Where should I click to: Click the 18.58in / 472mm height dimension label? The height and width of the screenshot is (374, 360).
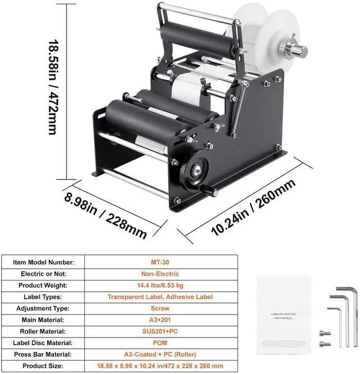pyautogui.click(x=53, y=87)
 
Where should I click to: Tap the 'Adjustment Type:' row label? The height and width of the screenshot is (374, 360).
pyautogui.click(x=43, y=308)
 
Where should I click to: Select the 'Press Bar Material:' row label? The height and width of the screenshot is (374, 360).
pyautogui.click(x=43, y=354)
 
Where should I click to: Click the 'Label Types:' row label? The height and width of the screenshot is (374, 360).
pyautogui.click(x=43, y=296)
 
